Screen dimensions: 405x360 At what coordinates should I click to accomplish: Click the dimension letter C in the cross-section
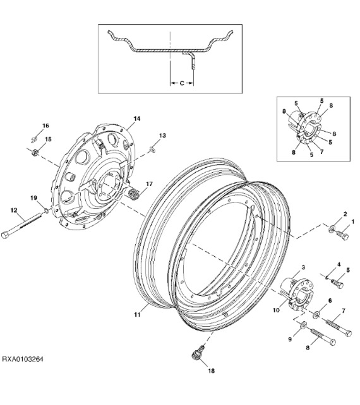pos(182,81)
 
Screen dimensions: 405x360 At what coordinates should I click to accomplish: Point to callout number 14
pos(136,119)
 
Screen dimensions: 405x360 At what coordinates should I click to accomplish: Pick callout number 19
pos(35,199)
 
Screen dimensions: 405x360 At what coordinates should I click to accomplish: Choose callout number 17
pos(149,184)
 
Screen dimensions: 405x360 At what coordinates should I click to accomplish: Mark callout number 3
pos(303,269)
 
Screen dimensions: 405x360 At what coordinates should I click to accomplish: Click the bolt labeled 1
pos(342,238)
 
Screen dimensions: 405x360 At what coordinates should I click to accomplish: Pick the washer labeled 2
pos(333,228)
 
